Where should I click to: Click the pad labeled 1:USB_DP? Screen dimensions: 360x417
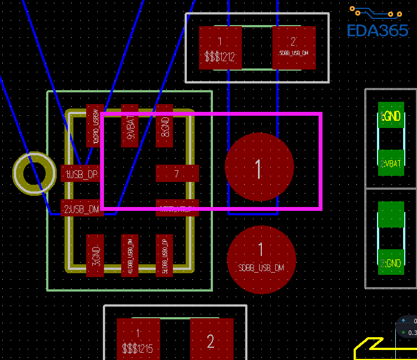coord(81,174)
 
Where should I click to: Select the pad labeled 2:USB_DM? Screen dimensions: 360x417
coord(81,209)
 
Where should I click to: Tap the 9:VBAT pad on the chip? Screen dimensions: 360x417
coord(130,125)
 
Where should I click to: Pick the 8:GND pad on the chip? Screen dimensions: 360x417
coord(164,125)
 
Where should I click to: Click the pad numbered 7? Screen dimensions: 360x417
coord(177,174)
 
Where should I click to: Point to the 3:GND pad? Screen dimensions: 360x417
coord(95,255)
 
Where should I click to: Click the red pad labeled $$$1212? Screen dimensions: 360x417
coord(220,48)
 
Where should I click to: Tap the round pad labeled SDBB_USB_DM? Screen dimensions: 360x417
coord(261,259)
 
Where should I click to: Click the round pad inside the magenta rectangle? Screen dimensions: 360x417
coord(259,167)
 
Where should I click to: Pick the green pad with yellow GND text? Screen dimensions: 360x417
coord(391,115)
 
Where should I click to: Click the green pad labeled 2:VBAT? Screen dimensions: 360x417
coord(391,163)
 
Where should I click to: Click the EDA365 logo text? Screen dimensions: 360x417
coord(378,30)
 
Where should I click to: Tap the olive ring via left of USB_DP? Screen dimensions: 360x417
coord(34,174)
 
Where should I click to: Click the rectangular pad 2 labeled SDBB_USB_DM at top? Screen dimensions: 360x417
coord(294,48)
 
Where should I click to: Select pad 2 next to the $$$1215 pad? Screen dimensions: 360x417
coord(211,339)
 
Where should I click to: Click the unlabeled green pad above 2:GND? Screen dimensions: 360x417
coord(391,214)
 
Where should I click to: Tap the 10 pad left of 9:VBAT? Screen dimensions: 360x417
coord(95,125)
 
